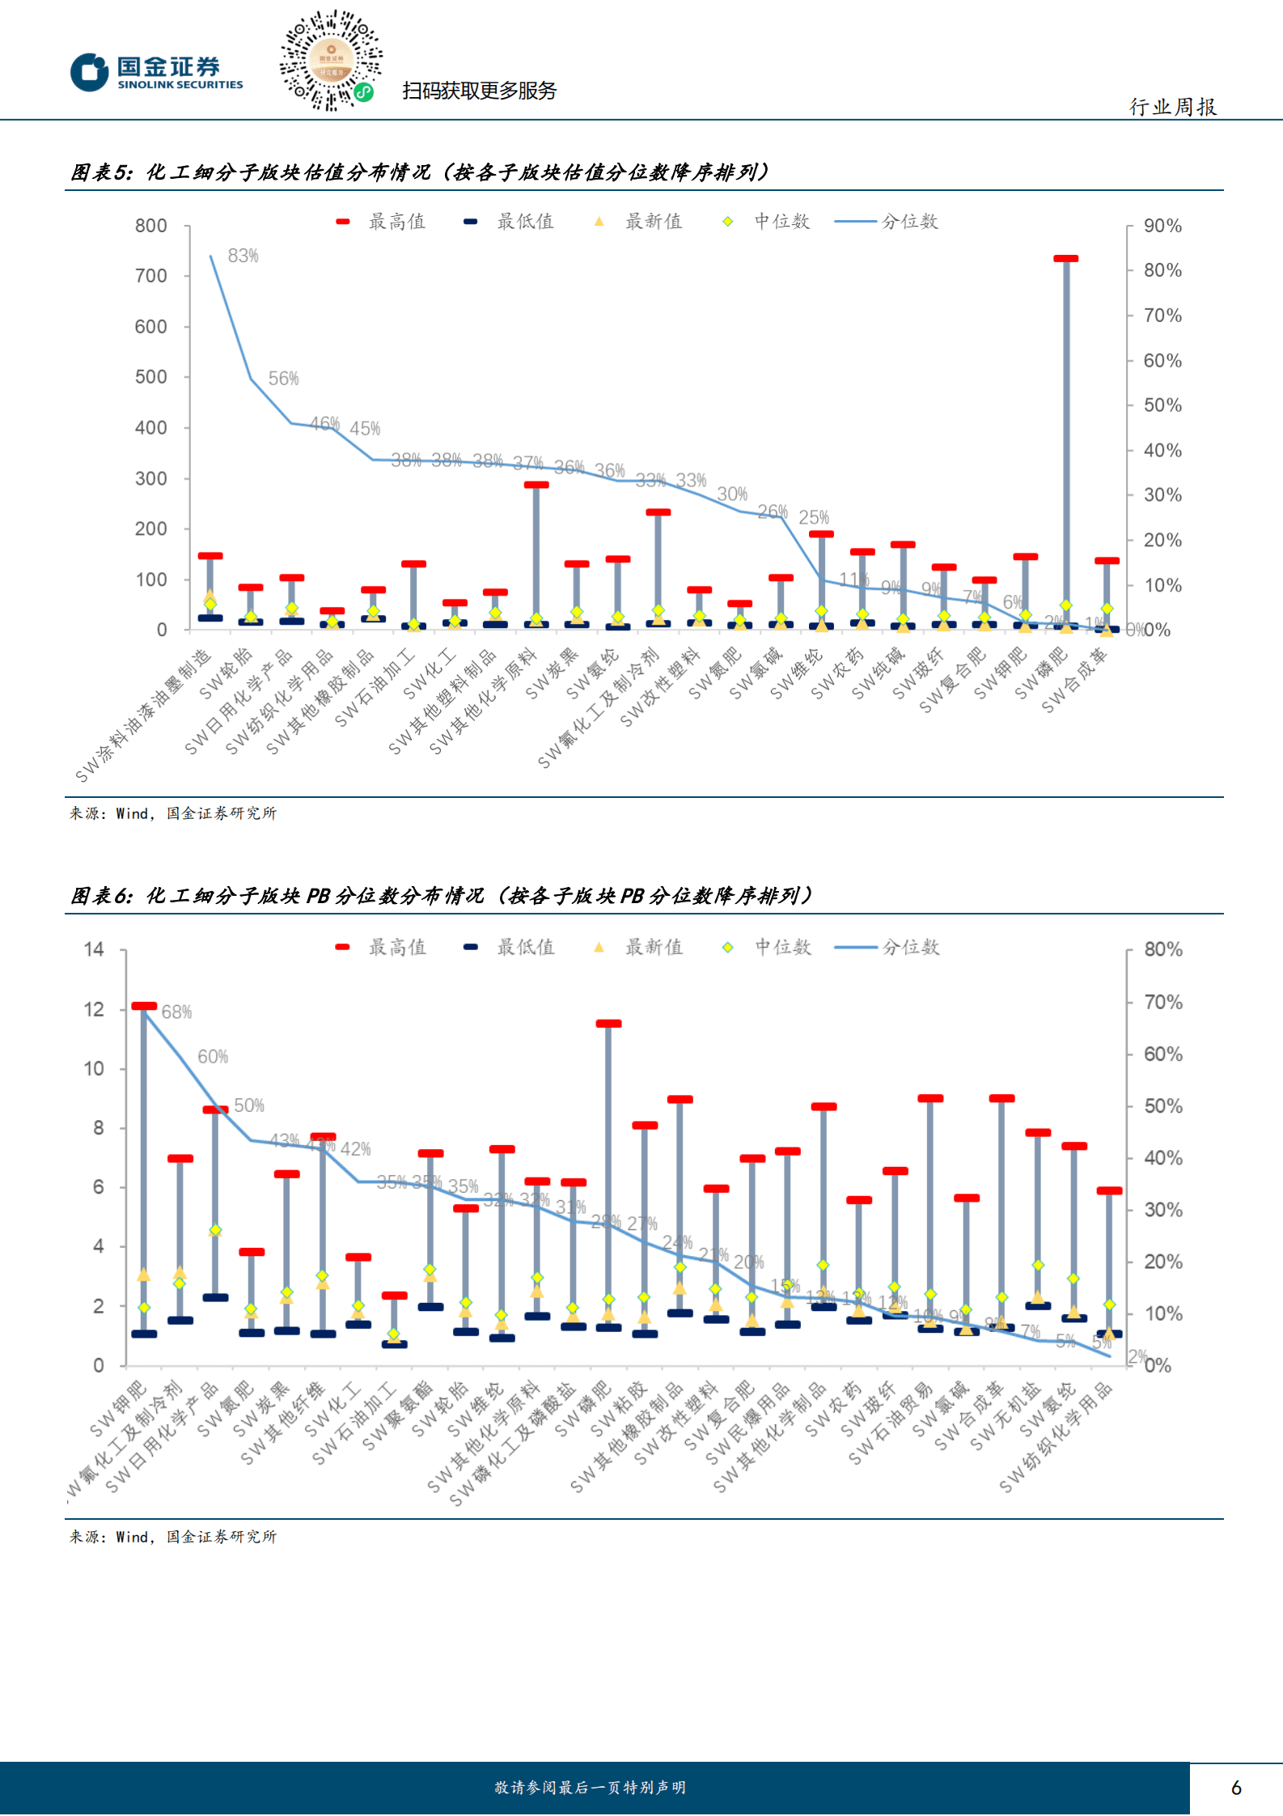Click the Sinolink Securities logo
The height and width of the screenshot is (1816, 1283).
[x=156, y=73]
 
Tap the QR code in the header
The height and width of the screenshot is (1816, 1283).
[x=331, y=61]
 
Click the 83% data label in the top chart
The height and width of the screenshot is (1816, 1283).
[x=243, y=256]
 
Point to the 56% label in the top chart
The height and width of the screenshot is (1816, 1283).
[x=283, y=378]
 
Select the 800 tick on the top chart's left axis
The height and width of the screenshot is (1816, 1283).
[x=151, y=226]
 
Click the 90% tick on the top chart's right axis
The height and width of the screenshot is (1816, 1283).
[x=1162, y=226]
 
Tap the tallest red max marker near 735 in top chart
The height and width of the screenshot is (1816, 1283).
[x=1065, y=259]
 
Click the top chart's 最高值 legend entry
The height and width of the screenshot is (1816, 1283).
[x=381, y=221]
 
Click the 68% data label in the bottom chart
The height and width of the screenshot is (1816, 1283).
[x=176, y=1012]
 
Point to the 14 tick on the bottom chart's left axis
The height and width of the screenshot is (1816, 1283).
[x=94, y=949]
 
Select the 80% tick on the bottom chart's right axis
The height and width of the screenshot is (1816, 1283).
[x=1162, y=949]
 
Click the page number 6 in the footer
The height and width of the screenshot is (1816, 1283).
[x=1235, y=1788]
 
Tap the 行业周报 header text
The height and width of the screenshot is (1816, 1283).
[x=1172, y=107]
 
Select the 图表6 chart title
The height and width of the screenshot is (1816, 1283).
[x=441, y=896]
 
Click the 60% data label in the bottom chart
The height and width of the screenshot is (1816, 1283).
[x=213, y=1056]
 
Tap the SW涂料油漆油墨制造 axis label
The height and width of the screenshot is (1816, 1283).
[x=144, y=715]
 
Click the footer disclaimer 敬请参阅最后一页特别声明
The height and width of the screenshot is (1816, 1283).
[x=590, y=1788]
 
